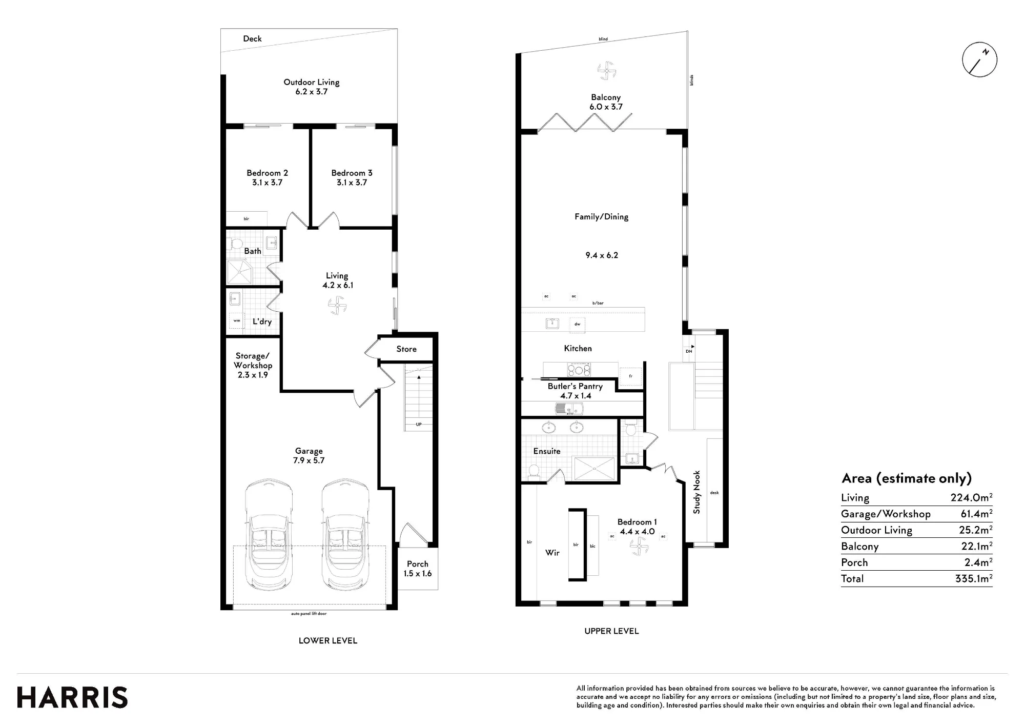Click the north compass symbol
point(979,59)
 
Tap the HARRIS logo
point(72,698)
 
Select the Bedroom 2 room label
point(267,173)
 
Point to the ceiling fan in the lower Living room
point(337,306)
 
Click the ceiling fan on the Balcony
point(606,71)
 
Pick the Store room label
point(406,349)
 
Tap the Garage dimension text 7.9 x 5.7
point(309,460)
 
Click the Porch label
point(417,564)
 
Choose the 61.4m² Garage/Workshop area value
point(976,513)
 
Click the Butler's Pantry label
point(575,387)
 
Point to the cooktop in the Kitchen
point(579,369)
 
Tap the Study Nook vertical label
point(696,492)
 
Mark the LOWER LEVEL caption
point(328,640)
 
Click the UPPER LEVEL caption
point(611,631)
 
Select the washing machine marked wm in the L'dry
point(237,320)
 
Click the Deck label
point(252,38)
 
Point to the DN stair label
point(689,351)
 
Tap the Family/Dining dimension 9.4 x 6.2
point(602,255)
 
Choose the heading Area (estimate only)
point(907,478)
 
